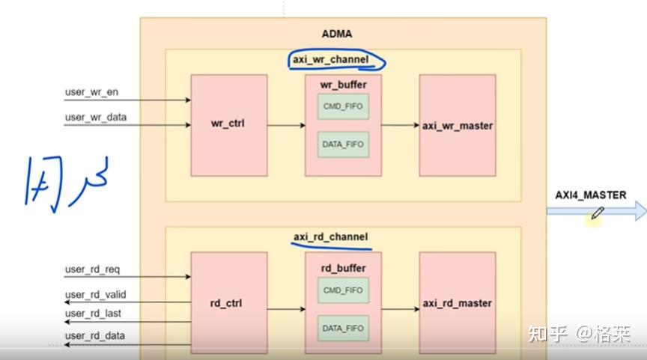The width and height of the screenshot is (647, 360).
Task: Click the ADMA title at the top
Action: [336, 34]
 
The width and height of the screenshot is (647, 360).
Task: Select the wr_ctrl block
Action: [228, 126]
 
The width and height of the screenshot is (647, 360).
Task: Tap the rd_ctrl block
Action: [228, 303]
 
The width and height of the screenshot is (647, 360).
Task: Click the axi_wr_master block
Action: [457, 126]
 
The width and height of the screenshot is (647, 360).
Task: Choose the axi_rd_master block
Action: [457, 303]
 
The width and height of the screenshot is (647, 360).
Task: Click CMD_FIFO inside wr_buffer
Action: [343, 107]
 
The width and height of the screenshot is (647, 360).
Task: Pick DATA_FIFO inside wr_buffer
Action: [343, 144]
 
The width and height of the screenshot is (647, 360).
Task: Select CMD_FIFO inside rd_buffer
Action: [343, 290]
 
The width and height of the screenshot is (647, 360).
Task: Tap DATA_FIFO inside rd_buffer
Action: [343, 327]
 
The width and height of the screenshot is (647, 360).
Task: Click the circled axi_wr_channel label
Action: [336, 59]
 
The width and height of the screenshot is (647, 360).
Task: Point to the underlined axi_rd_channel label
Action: [330, 237]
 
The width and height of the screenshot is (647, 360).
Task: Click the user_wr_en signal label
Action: [91, 93]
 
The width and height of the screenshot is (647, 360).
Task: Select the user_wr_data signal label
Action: [95, 117]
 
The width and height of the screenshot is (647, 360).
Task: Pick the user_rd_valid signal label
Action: [96, 295]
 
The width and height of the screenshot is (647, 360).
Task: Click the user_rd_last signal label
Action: [94, 314]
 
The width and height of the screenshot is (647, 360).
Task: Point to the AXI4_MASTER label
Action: [590, 195]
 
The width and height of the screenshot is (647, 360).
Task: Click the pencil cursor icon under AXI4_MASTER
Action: [596, 214]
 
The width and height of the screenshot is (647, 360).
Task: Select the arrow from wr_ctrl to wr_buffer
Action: [286, 126]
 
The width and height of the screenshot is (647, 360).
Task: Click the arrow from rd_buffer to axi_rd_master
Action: [400, 308]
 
